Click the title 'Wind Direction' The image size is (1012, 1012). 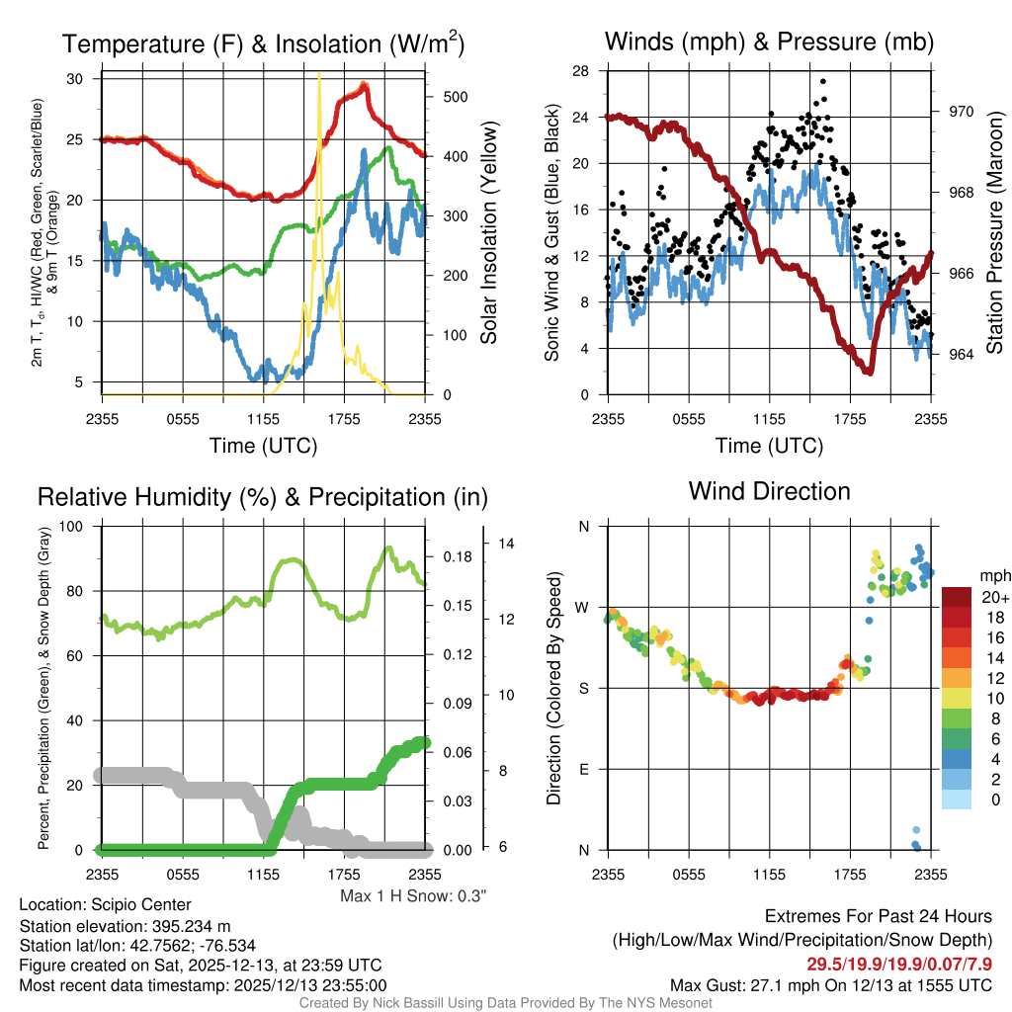pos(769,491)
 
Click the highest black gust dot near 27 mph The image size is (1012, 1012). pos(823,82)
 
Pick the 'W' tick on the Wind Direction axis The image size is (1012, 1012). pos(584,607)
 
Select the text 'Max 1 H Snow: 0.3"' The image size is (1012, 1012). pos(412,896)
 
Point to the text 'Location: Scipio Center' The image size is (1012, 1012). pos(105,904)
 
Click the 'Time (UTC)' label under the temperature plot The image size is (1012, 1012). pos(263,446)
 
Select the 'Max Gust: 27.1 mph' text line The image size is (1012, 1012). pos(830,984)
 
